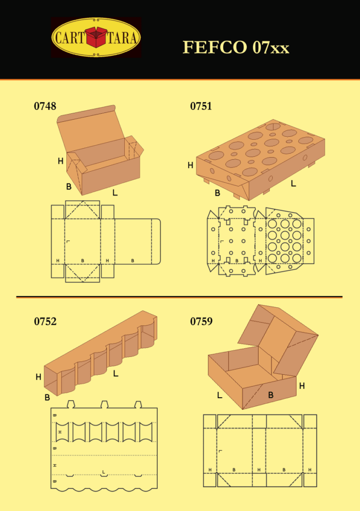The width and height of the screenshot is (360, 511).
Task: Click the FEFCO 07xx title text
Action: [x=236, y=47]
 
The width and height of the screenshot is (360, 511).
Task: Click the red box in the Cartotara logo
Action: [x=96, y=37]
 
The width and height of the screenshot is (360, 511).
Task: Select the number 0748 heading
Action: [x=45, y=106]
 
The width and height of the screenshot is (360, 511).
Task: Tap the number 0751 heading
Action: [x=201, y=106]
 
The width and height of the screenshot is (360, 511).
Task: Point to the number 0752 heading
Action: [x=45, y=321]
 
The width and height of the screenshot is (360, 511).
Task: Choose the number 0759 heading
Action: [x=201, y=321]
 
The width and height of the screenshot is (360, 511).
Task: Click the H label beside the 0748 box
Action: [x=60, y=161]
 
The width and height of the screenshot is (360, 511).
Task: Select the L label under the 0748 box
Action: [x=115, y=193]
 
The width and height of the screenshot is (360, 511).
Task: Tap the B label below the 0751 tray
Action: [x=218, y=193]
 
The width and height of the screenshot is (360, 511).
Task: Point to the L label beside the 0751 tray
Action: [x=293, y=184]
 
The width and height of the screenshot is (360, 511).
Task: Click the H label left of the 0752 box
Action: [x=38, y=377]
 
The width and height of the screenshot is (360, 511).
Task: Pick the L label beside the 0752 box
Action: [x=115, y=373]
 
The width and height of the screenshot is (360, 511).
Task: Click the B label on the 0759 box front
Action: [x=271, y=395]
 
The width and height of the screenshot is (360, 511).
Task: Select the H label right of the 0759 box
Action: [x=302, y=386]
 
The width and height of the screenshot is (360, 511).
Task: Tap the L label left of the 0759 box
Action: [x=220, y=395]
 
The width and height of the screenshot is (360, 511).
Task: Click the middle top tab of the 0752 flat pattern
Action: [x=104, y=404]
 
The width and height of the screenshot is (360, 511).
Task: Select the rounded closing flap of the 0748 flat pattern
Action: [x=156, y=242]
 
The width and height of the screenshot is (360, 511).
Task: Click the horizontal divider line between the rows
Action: [x=179, y=297]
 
